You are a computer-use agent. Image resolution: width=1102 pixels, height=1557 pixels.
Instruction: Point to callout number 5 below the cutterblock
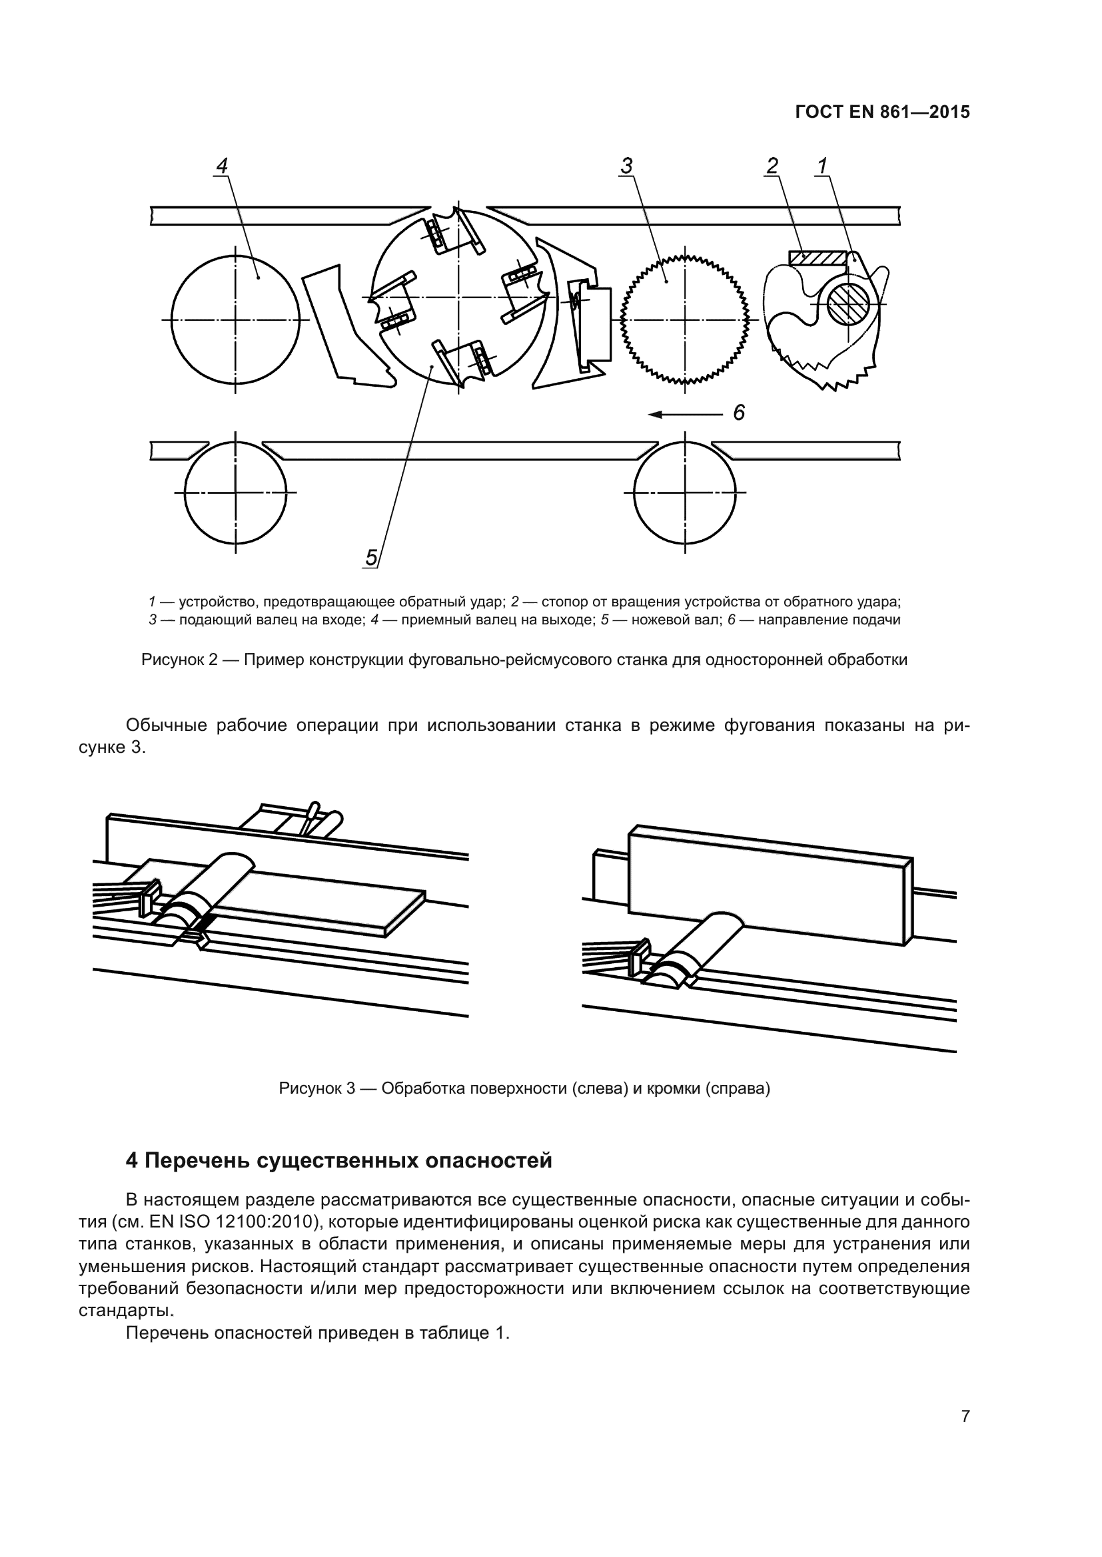(x=371, y=557)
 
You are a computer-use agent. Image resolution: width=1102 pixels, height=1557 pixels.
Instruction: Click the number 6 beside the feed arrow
(x=739, y=412)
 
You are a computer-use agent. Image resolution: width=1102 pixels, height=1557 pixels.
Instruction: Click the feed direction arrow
(x=686, y=413)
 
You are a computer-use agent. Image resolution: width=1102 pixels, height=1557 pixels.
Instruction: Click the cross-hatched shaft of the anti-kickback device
(x=847, y=303)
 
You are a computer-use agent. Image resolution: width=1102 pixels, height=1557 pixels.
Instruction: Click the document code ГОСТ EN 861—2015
(x=882, y=112)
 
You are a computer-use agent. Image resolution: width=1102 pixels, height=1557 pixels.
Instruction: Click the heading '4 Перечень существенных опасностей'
(x=338, y=1161)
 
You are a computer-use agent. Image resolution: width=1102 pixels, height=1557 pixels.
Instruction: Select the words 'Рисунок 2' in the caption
(x=179, y=660)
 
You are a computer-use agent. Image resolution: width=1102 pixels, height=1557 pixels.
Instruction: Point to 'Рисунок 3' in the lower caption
(x=317, y=1088)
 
